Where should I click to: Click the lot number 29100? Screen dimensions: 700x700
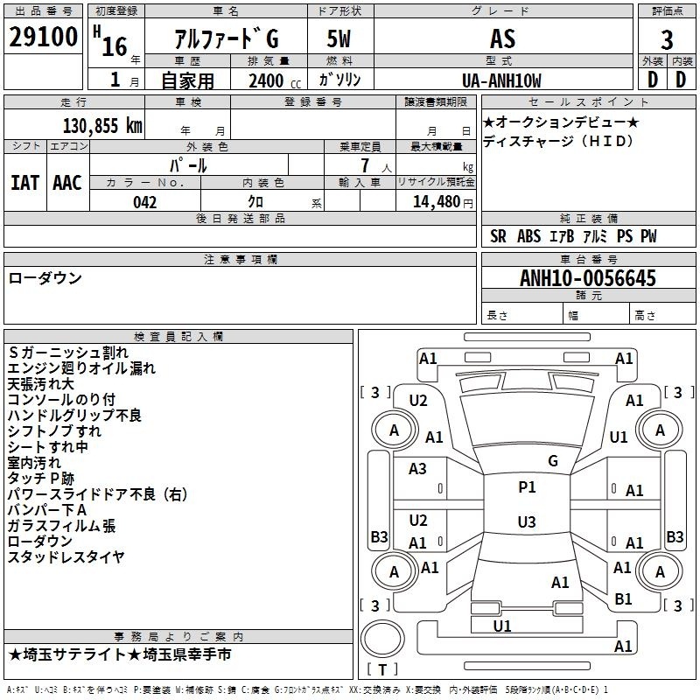coord(43,37)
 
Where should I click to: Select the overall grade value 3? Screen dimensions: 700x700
coord(667,39)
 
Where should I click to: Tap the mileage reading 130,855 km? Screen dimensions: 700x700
coord(102,126)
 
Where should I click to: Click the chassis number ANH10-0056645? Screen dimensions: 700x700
coord(588,278)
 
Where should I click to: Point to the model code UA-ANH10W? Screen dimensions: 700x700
coord(501,80)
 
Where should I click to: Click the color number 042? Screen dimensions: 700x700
coord(144,202)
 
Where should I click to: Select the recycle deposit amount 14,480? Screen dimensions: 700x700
coord(436,202)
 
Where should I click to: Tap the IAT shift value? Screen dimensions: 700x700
coord(25,183)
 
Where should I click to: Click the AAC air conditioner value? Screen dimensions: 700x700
coord(67,183)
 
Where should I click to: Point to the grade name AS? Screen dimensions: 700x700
coord(502,38)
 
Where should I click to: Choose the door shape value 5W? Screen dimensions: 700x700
coord(339,38)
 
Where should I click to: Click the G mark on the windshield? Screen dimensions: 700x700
coord(553,461)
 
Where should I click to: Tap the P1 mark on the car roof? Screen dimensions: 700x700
coord(527,487)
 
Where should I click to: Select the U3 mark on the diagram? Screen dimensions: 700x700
coord(527,521)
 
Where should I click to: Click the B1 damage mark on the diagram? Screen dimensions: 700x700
coord(623,599)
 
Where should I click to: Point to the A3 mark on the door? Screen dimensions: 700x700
coord(417,469)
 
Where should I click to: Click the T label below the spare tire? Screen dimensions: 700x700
coord(382,669)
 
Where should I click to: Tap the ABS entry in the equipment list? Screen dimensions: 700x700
coord(528,236)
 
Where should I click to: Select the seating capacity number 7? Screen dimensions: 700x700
coord(365,165)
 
